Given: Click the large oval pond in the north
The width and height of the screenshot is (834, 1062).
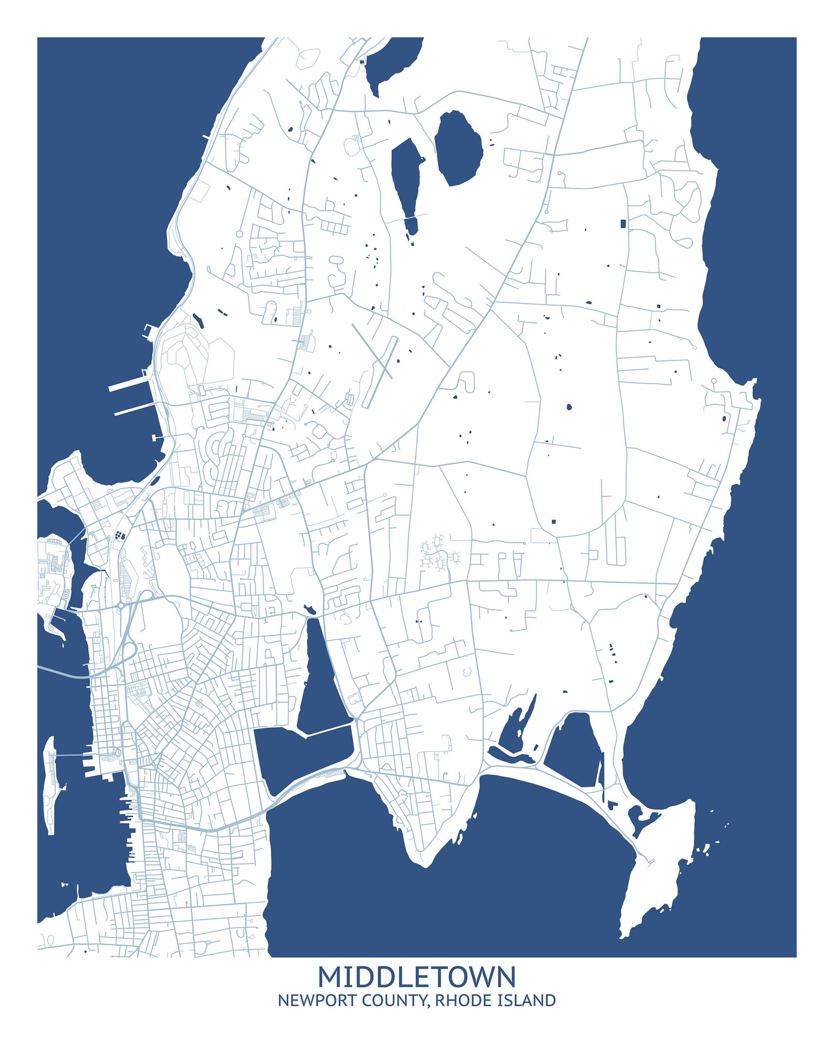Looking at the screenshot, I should [x=458, y=148].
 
